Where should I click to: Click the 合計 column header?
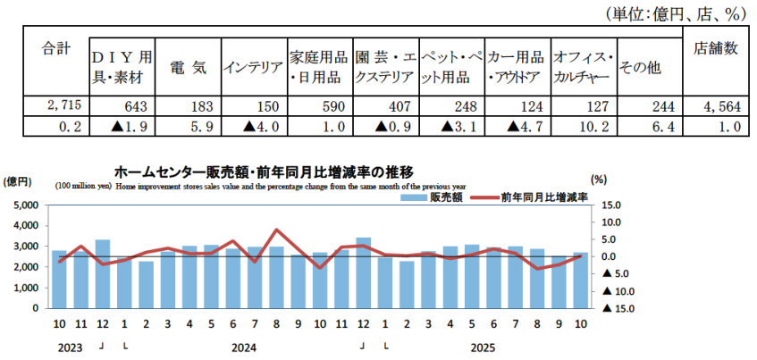click(x=56, y=49)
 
